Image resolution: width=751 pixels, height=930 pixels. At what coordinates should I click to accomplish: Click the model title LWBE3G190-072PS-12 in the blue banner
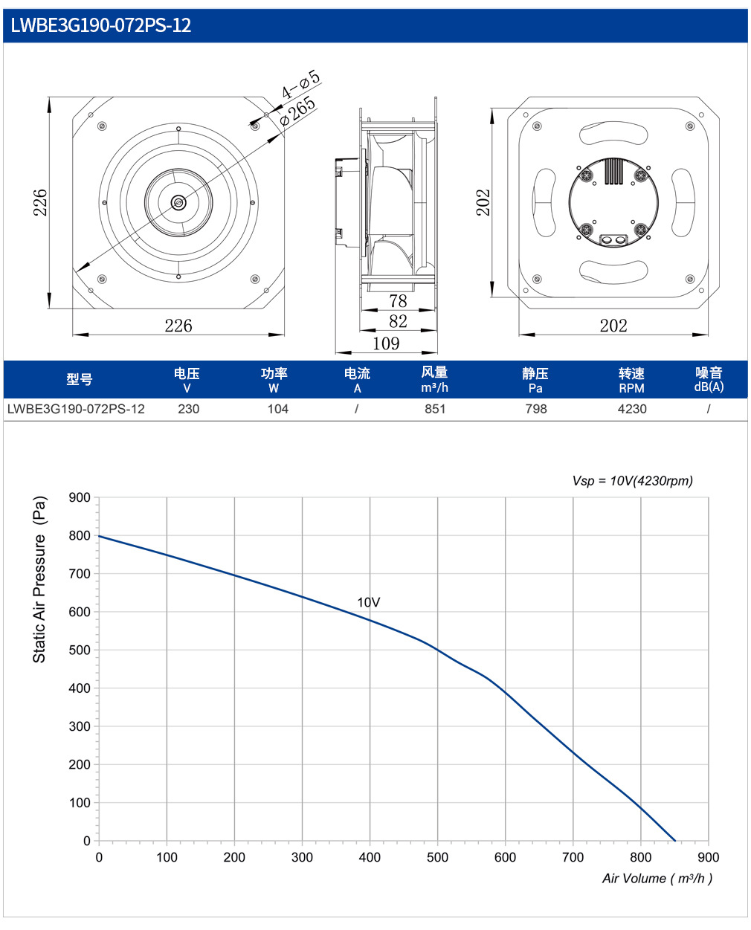click(100, 25)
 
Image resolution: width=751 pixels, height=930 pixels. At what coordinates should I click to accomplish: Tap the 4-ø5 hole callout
click(301, 84)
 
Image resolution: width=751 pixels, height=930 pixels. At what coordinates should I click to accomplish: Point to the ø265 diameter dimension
click(297, 111)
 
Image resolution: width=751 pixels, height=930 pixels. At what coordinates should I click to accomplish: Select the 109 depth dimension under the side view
click(386, 343)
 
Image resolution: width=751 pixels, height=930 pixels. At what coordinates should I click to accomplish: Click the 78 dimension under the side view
click(398, 301)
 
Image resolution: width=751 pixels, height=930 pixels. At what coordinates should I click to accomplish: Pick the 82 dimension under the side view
click(398, 321)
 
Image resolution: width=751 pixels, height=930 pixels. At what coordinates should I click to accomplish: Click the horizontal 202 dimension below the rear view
click(613, 326)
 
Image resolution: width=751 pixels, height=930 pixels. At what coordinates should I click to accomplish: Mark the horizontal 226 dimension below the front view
click(178, 326)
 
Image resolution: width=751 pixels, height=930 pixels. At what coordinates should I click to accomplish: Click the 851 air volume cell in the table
click(435, 409)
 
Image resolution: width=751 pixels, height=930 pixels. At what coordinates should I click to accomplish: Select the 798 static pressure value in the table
click(536, 409)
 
